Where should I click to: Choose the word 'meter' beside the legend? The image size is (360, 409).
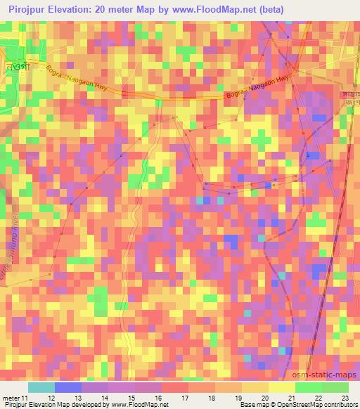pyautogui.click(x=8, y=397)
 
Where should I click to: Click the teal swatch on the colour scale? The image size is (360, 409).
pyautogui.click(x=41, y=387)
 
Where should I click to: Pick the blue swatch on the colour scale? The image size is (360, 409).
pyautogui.click(x=68, y=387)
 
